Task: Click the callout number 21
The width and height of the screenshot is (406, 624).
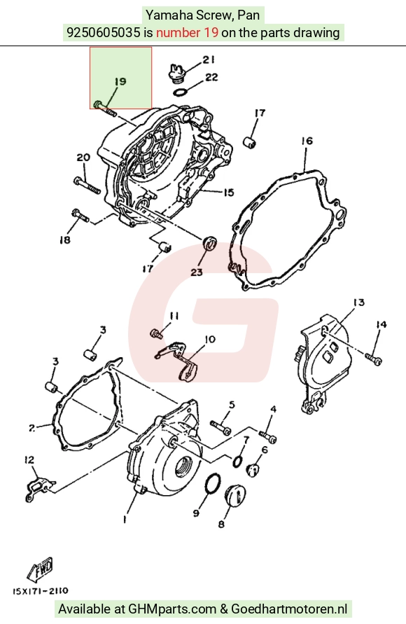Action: (209, 60)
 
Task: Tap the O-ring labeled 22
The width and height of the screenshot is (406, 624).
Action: (181, 92)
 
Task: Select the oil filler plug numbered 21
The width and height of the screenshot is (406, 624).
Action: (175, 74)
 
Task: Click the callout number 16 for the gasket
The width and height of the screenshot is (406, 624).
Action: (307, 141)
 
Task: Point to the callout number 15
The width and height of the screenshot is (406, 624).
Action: (228, 193)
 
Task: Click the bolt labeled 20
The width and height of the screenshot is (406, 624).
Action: (87, 185)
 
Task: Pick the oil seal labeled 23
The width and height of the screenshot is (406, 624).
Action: (209, 242)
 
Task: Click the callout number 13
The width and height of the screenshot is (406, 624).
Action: (358, 303)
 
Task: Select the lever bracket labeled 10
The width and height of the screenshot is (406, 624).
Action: (178, 359)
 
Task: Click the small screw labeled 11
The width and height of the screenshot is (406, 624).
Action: (156, 333)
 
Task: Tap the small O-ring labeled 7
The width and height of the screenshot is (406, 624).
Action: (238, 462)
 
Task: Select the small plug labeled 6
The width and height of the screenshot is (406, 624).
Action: (253, 470)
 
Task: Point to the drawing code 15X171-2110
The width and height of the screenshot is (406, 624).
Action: (40, 591)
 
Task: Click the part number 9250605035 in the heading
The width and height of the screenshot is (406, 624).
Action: (104, 32)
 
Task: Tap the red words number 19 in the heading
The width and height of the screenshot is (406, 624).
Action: (188, 32)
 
